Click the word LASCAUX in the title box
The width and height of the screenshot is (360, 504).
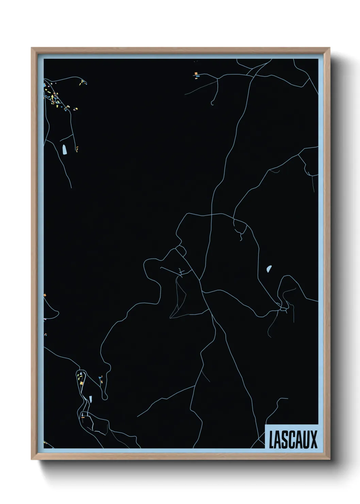[x=293, y=440]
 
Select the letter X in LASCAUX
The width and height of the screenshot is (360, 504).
[x=313, y=440]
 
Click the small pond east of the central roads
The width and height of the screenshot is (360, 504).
[x=269, y=269]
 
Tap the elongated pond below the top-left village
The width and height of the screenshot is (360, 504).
[x=65, y=149]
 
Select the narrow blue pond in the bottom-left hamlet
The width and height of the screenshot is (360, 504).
[x=90, y=398]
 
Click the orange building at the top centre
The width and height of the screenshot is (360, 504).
[x=196, y=73]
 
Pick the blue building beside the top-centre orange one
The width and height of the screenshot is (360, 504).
[x=197, y=77]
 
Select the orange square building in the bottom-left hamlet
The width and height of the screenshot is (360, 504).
[x=82, y=383]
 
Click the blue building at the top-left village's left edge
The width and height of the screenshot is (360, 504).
[x=45, y=84]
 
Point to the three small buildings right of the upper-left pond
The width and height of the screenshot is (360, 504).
[x=77, y=149]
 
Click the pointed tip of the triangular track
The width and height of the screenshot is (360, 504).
[x=170, y=317]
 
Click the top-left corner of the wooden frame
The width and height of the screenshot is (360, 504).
[x=32, y=48]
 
